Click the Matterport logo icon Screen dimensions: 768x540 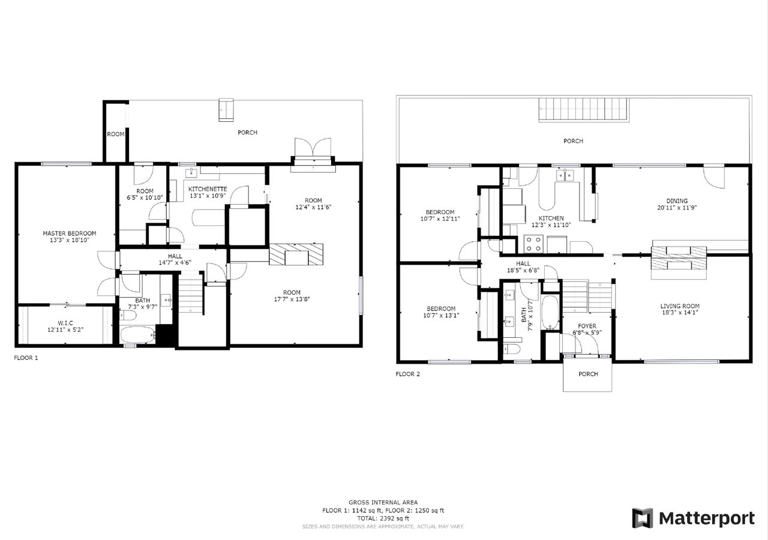[x=642, y=518]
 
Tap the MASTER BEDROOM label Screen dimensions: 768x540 [x=69, y=233]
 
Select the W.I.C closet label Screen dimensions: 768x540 [x=65, y=323]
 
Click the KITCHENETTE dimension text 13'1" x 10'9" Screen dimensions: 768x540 [x=208, y=196]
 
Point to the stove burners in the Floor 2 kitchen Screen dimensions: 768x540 [x=534, y=244]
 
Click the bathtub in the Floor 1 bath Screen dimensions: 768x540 [x=137, y=335]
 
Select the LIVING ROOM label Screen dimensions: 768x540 [x=680, y=306]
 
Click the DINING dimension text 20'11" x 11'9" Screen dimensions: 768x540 [x=677, y=208]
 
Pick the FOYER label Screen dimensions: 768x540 [x=587, y=326]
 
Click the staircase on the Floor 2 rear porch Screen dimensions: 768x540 [x=584, y=110]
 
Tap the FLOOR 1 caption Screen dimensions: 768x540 [x=26, y=358]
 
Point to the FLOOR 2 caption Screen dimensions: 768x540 [x=407, y=374]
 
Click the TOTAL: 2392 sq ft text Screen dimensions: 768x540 [x=383, y=518]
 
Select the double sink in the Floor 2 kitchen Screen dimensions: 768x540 [x=565, y=175]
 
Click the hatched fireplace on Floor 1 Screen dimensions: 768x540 [x=296, y=254]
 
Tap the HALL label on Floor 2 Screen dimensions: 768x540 [x=523, y=263]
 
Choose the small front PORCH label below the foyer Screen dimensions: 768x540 [x=588, y=374]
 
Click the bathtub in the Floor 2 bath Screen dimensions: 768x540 [x=550, y=313]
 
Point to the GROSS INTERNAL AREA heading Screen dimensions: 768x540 [x=383, y=503]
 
